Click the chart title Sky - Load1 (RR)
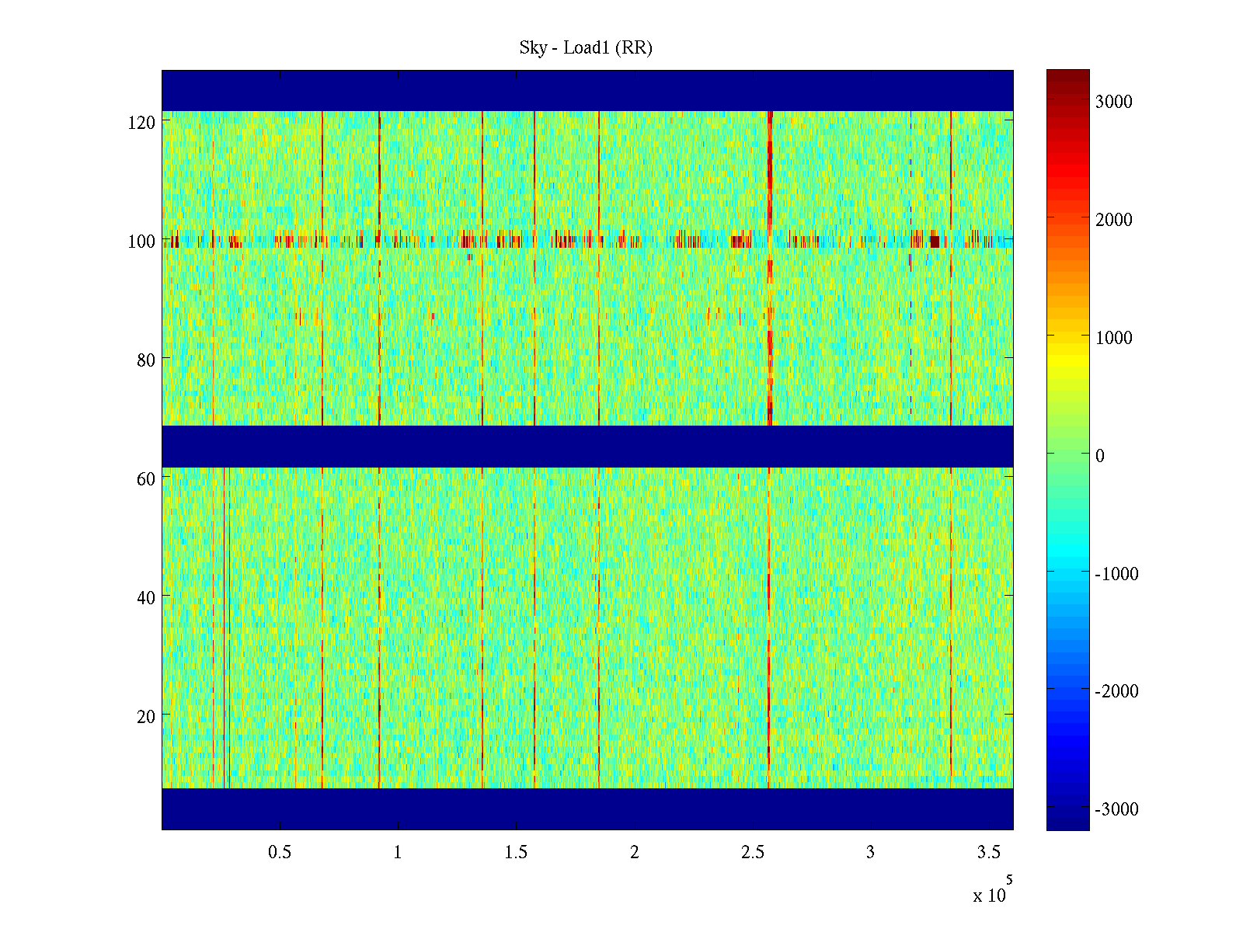[x=586, y=48]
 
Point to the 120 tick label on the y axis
[x=141, y=123]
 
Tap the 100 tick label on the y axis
[x=141, y=242]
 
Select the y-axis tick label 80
[x=146, y=360]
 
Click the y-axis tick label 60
[x=146, y=479]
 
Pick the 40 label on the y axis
[x=146, y=598]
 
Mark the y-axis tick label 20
[x=146, y=717]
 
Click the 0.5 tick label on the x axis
[x=280, y=853]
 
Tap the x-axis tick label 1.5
[x=516, y=853]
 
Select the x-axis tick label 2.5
[x=753, y=853]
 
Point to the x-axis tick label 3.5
[x=989, y=853]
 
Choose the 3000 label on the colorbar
[x=1113, y=102]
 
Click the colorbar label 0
[x=1099, y=456]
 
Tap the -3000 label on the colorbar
[x=1116, y=810]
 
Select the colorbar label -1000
[x=1116, y=574]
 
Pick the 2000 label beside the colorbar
[x=1113, y=220]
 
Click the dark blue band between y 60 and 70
[x=587, y=447]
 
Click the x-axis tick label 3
[x=870, y=853]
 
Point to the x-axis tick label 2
[x=634, y=853]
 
